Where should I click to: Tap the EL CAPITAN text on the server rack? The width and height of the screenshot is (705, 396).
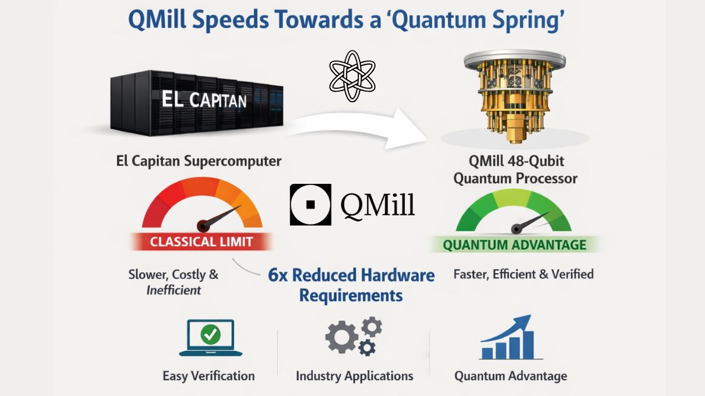[204, 99]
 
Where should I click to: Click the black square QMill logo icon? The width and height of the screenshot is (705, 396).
[310, 205]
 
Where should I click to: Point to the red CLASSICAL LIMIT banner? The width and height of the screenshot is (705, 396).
[201, 241]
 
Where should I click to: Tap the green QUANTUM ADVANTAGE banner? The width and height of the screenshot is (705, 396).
[514, 244]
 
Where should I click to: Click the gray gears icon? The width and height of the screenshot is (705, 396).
[354, 336]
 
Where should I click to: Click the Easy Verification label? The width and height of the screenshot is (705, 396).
[209, 376]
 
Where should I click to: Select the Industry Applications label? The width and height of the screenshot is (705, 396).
[354, 376]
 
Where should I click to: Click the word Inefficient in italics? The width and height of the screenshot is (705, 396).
[173, 290]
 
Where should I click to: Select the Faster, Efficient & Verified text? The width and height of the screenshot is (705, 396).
[523, 274]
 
